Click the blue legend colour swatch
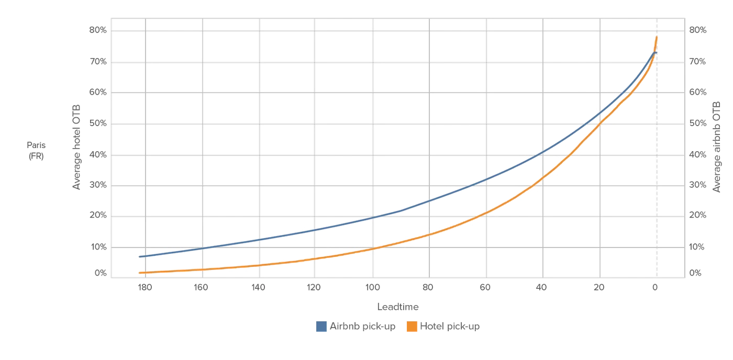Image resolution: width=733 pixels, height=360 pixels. click(x=321, y=327)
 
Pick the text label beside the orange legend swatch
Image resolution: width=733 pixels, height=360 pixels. click(x=451, y=327)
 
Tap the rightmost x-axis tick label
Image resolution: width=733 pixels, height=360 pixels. click(x=655, y=287)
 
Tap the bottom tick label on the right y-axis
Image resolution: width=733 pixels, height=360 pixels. click(x=698, y=273)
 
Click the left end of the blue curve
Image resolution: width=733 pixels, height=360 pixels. click(x=140, y=256)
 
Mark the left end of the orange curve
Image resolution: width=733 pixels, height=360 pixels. click(x=140, y=273)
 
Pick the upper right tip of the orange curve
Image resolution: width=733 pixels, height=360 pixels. click(x=658, y=37)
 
